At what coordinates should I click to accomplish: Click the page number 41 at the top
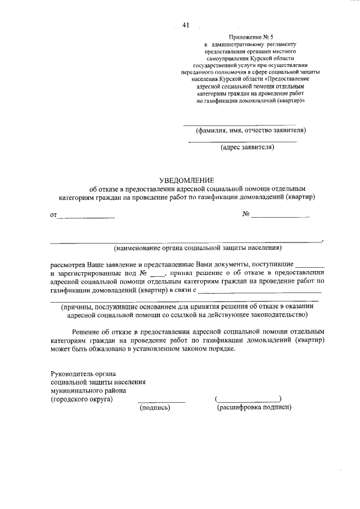(x=186, y=25)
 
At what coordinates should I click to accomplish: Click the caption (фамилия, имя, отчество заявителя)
(x=250, y=130)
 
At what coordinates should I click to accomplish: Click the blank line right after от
(x=87, y=217)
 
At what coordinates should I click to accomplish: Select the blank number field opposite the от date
(x=280, y=217)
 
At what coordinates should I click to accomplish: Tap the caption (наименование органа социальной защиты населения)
(x=197, y=247)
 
